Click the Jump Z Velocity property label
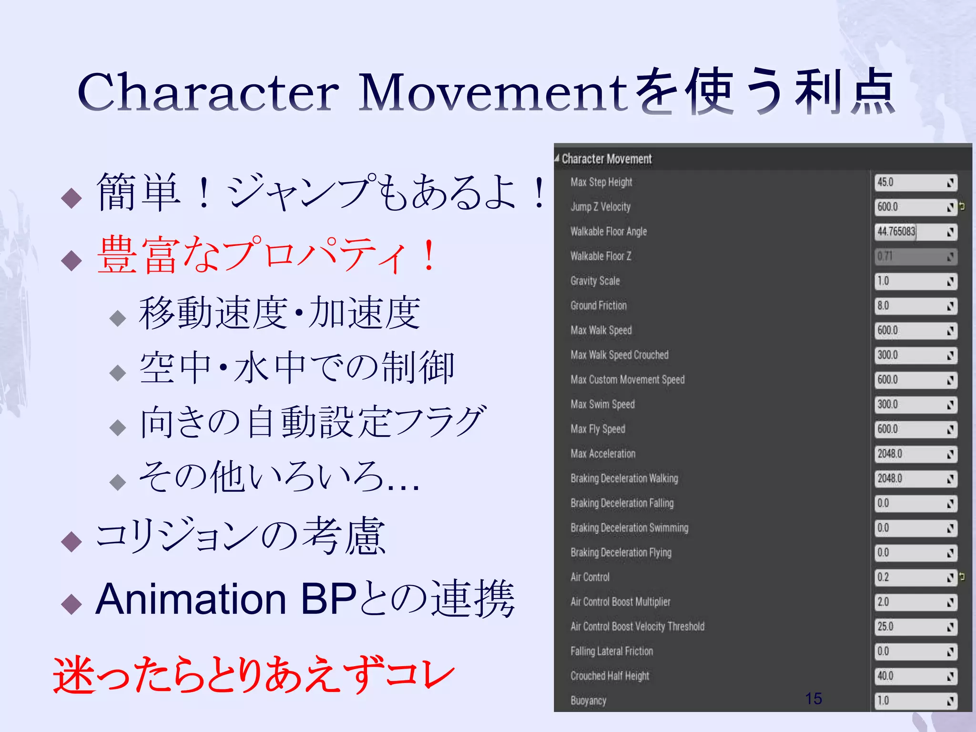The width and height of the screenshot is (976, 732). pos(600,207)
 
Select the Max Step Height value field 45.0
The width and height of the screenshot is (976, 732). pos(910,183)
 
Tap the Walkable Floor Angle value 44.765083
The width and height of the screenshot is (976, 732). pos(910,232)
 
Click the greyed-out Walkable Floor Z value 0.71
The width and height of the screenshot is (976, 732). pos(910,256)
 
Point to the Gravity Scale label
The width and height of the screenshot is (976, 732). pos(595,281)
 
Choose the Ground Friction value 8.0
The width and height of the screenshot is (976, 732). pos(910,306)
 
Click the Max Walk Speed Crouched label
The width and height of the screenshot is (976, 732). pos(620,355)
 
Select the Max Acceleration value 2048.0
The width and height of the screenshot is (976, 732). pos(910,454)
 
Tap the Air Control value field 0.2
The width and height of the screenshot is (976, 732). pos(910,578)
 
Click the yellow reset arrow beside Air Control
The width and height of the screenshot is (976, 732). pos(962,577)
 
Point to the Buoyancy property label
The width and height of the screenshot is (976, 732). pos(589,701)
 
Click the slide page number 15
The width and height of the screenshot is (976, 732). pos(813,699)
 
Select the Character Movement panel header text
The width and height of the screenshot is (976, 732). pos(607,159)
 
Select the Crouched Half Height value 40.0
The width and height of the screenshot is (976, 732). pos(910,676)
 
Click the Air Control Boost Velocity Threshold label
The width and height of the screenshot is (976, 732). pos(637,627)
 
